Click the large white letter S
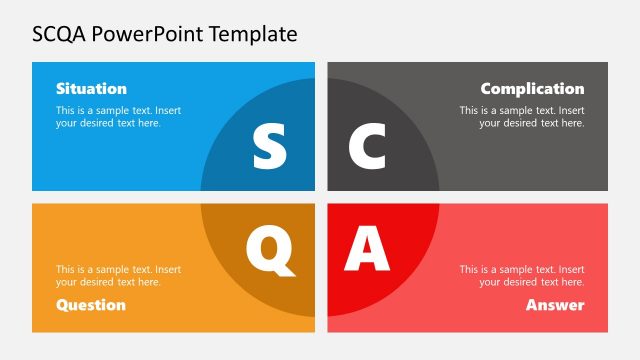[269, 146]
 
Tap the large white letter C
[367, 146]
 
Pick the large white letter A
[367, 249]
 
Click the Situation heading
[91, 88]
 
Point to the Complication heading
[532, 88]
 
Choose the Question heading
[91, 304]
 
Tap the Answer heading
[555, 304]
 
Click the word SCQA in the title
[62, 34]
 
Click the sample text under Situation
[118, 116]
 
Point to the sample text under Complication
[522, 116]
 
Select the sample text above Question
[118, 275]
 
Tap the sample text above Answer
[522, 275]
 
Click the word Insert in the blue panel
[167, 110]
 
